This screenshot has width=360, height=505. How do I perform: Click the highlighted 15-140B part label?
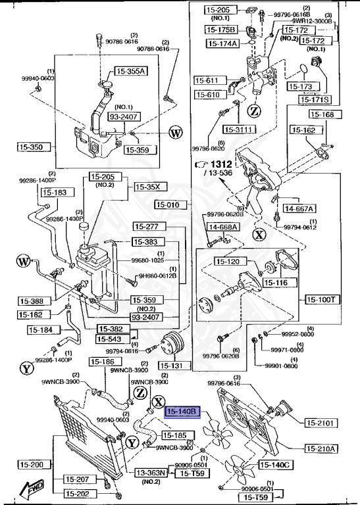click(182, 412)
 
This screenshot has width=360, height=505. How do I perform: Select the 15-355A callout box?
click(132, 71)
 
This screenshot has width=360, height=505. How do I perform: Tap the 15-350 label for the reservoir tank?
click(30, 147)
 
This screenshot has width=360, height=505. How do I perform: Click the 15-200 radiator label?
click(30, 465)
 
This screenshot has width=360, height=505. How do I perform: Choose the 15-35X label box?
click(148, 187)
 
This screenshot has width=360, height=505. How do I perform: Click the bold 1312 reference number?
click(223, 164)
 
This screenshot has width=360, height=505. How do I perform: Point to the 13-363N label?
click(152, 472)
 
